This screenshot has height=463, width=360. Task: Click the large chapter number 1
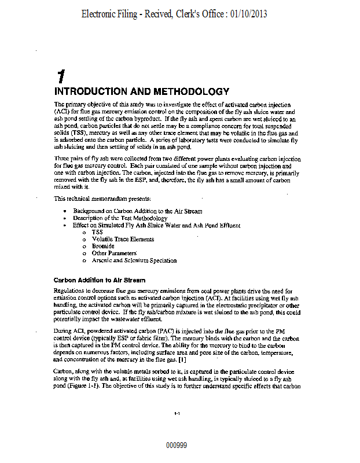[60, 76]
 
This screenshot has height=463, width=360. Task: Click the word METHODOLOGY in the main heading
[190, 91]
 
